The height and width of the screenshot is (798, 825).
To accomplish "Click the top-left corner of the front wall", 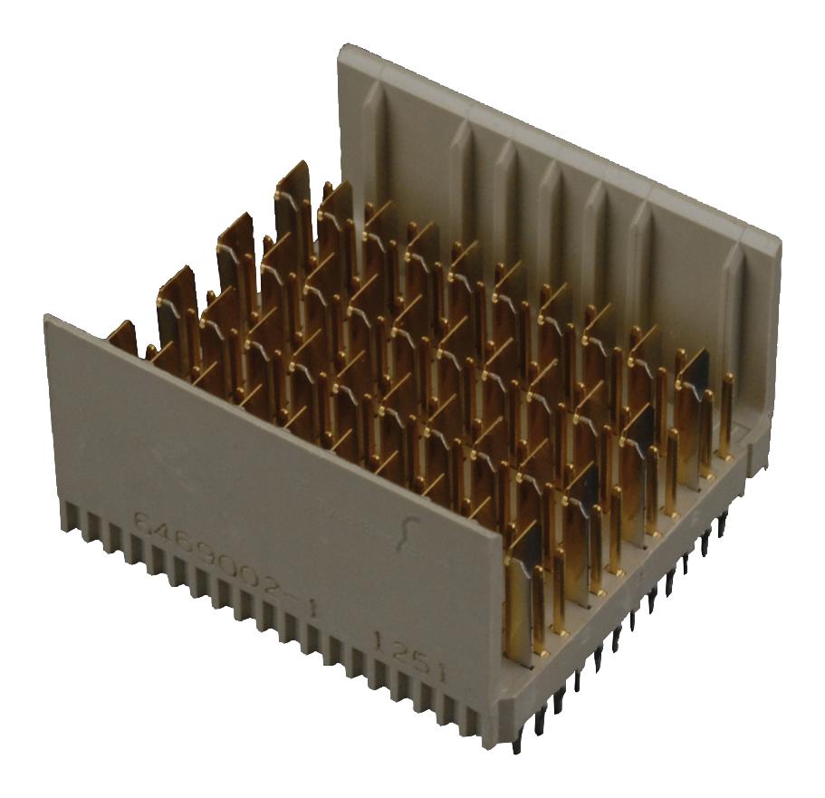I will [x=47, y=317].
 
